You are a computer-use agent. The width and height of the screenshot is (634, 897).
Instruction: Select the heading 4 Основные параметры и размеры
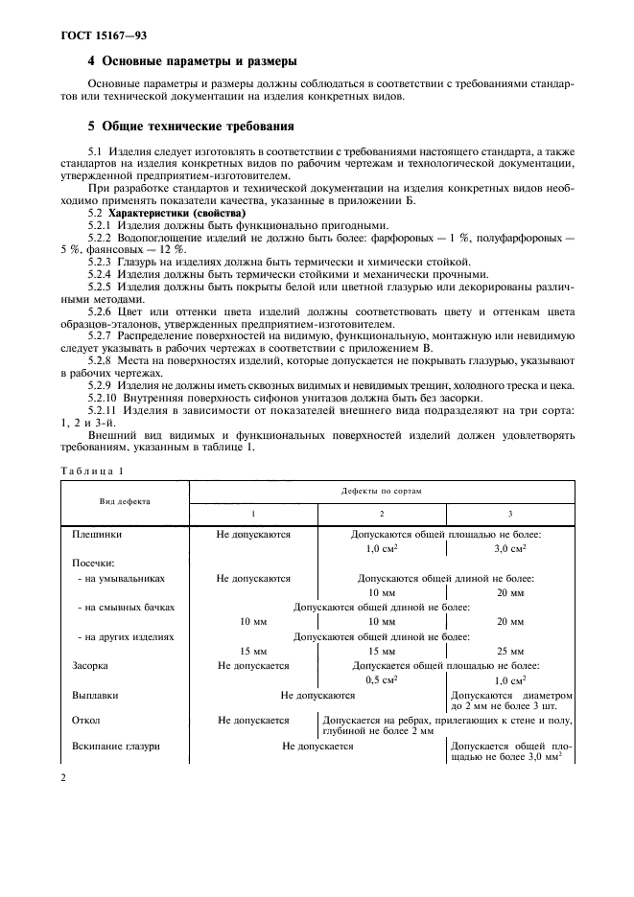pyautogui.click(x=185, y=60)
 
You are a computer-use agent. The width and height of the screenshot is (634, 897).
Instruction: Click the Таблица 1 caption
pyautogui.click(x=93, y=471)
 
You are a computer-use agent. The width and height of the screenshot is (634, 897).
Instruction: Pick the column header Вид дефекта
pyautogui.click(x=125, y=500)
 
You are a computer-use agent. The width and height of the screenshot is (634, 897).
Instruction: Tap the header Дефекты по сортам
pyautogui.click(x=382, y=490)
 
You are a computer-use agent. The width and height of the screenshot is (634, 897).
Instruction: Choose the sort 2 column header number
pyautogui.click(x=382, y=514)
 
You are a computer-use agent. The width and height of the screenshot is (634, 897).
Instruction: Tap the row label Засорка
pyautogui.click(x=90, y=664)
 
